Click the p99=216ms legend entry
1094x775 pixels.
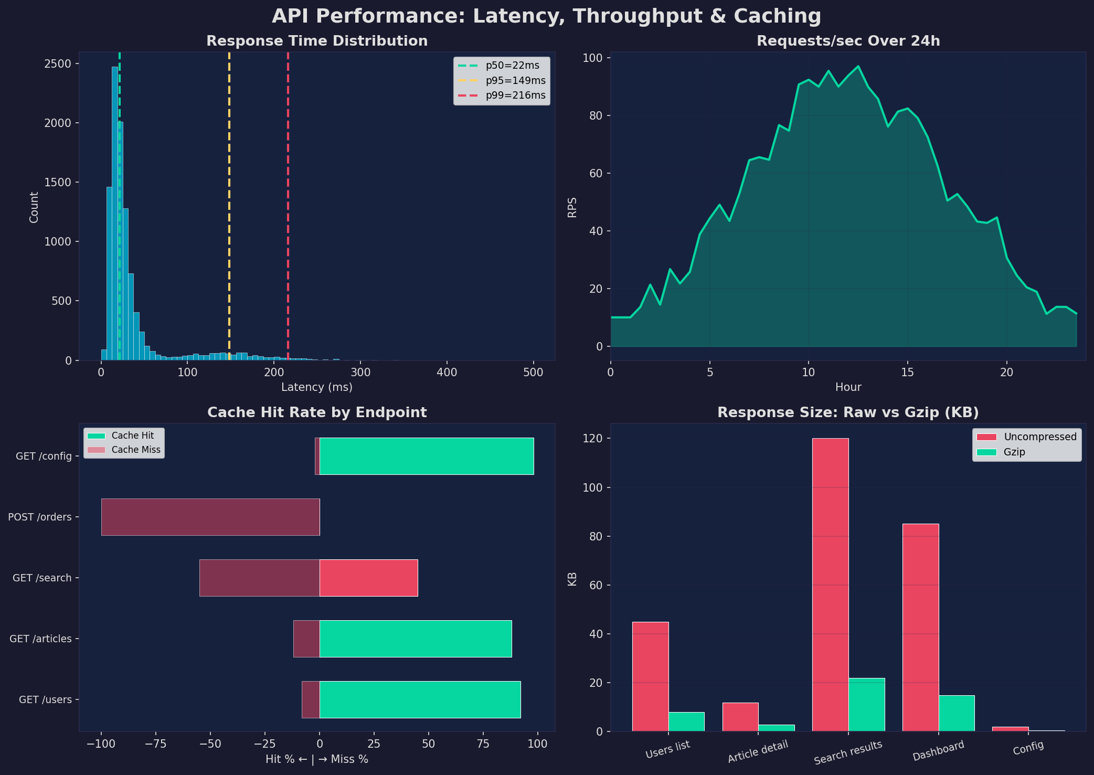(x=515, y=95)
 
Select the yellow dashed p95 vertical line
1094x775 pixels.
(x=229, y=210)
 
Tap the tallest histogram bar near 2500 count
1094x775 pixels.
(x=114, y=210)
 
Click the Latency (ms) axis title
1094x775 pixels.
(x=316, y=387)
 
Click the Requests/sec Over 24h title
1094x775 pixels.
(x=848, y=41)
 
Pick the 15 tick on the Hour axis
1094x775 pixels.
(x=907, y=373)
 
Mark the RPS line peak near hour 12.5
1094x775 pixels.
(x=858, y=67)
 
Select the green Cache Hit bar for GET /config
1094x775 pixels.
(x=426, y=456)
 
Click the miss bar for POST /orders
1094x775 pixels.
(x=210, y=517)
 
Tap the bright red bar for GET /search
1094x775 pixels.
(x=368, y=578)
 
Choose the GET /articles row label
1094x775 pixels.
(x=40, y=639)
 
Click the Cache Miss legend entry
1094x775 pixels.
(x=135, y=450)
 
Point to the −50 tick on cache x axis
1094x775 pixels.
(x=210, y=744)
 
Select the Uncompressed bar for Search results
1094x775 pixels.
(x=830, y=582)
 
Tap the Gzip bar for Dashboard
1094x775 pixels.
(x=956, y=713)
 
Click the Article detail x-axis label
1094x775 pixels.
(x=758, y=752)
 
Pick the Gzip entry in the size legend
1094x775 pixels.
(x=1014, y=452)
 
